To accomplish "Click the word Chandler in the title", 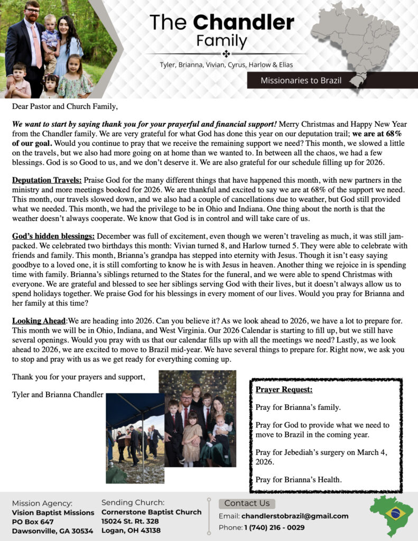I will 244,22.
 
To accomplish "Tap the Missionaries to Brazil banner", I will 301,81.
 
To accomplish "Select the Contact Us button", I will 247,503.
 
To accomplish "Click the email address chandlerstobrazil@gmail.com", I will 295,516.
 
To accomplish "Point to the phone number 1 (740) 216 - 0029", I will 274,527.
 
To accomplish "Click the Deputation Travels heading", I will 47,180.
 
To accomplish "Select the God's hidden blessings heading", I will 53,235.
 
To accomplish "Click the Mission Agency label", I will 42,503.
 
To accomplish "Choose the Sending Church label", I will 133,502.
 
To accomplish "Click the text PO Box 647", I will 33,521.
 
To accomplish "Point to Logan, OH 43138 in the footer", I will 131,530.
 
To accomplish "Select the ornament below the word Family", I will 226,53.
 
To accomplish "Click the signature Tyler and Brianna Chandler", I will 58,394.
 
